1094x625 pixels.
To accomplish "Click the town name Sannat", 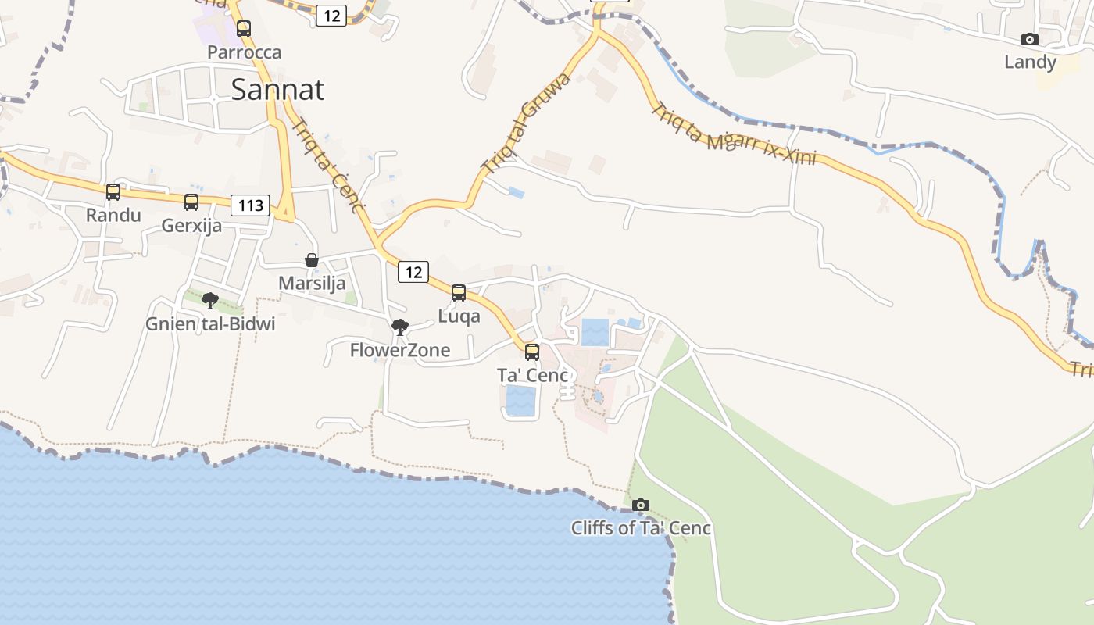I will click(277, 90).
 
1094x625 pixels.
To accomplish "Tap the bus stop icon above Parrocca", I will click(244, 29).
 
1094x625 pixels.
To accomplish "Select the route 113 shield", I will click(250, 205).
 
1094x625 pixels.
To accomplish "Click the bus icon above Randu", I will click(113, 191).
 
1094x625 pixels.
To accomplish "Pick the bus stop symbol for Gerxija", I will click(191, 202).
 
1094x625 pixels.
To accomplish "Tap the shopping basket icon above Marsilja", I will click(312, 260).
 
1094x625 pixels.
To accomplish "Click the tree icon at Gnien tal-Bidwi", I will click(209, 301).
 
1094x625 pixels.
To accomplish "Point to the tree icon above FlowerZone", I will click(400, 327).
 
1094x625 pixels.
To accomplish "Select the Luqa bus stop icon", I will click(459, 293).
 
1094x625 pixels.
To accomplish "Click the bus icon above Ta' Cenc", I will click(532, 352).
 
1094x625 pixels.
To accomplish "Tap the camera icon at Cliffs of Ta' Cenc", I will click(641, 505).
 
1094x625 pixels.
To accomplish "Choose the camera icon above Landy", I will click(1030, 39).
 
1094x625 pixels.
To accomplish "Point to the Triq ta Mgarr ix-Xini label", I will click(733, 136).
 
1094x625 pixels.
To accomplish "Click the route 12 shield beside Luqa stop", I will click(413, 272).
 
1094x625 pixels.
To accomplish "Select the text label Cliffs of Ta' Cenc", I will click(641, 528).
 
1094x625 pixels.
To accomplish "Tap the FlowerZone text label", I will click(400, 350).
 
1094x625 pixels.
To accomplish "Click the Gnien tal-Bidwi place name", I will click(210, 323).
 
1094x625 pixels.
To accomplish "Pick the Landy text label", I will click(1030, 62).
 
